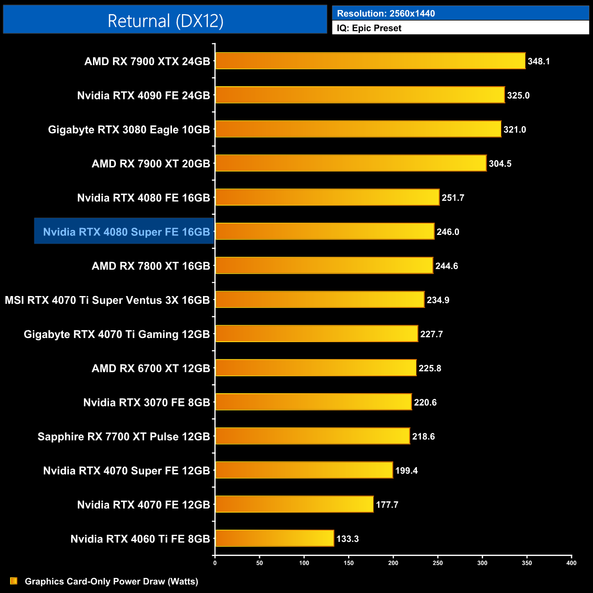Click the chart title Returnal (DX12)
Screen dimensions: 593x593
point(165,21)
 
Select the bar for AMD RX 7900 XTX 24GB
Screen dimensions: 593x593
point(370,61)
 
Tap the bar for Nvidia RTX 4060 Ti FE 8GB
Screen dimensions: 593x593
point(275,538)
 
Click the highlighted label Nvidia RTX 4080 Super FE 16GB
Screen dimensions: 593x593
point(126,232)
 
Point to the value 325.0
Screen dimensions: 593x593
point(518,95)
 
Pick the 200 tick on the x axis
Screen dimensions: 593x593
point(393,563)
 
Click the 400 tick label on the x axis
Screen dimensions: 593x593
point(571,563)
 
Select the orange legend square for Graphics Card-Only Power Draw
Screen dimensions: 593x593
point(14,581)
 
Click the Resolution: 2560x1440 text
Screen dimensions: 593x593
point(386,14)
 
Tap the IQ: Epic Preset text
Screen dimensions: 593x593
point(369,28)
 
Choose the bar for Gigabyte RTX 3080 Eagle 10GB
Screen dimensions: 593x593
point(358,129)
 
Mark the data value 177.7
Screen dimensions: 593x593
point(387,505)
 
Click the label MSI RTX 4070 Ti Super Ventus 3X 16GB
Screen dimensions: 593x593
point(107,300)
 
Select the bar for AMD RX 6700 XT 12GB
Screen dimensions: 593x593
point(316,368)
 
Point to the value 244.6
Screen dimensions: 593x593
point(447,266)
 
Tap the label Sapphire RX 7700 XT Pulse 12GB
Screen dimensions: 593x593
point(124,437)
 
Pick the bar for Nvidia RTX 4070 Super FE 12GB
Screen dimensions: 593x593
point(304,470)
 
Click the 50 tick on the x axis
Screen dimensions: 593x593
point(260,563)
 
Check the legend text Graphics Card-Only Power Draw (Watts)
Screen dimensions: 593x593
point(111,581)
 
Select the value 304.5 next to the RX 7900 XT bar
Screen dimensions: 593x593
point(500,164)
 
